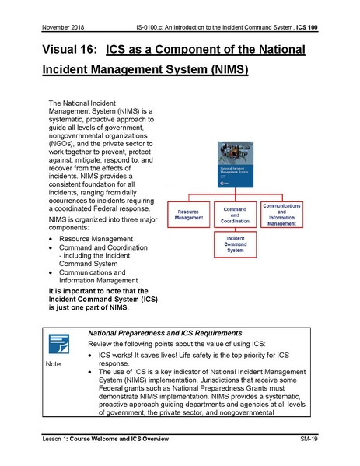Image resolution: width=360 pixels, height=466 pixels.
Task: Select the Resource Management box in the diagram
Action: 190,215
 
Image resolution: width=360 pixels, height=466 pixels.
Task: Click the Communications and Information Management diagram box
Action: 292,215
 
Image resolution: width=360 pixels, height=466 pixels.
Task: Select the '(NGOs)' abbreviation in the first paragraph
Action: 64,143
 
